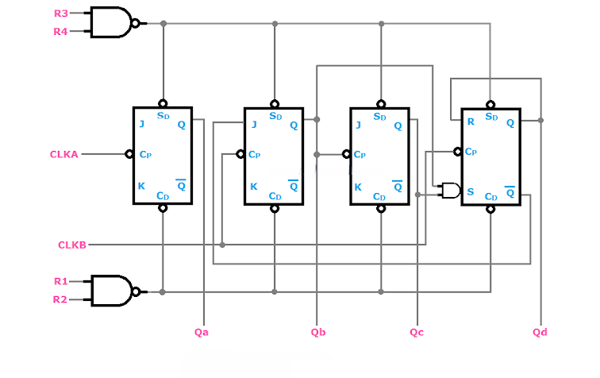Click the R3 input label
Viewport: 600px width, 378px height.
point(61,13)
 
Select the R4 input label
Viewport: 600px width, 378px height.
point(61,32)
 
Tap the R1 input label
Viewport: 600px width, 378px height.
point(61,281)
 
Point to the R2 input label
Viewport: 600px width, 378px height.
point(61,299)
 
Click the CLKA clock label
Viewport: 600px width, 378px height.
point(64,154)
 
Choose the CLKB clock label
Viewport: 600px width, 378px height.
point(71,244)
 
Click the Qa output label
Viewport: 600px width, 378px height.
point(202,332)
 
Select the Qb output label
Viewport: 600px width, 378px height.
point(318,332)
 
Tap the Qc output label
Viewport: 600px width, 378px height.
point(417,332)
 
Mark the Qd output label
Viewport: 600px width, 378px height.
point(540,332)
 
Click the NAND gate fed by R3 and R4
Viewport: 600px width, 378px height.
point(111,23)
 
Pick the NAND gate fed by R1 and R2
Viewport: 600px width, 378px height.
point(111,291)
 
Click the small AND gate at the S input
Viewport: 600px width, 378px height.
point(450,191)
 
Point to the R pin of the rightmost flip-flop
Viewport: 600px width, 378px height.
point(471,123)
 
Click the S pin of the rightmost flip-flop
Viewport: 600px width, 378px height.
point(471,191)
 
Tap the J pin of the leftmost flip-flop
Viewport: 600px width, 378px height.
point(141,124)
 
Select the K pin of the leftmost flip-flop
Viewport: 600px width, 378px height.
point(141,186)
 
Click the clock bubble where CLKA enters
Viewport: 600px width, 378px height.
point(129,154)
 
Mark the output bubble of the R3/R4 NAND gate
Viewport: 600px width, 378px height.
point(136,24)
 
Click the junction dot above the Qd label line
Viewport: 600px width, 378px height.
point(540,121)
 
